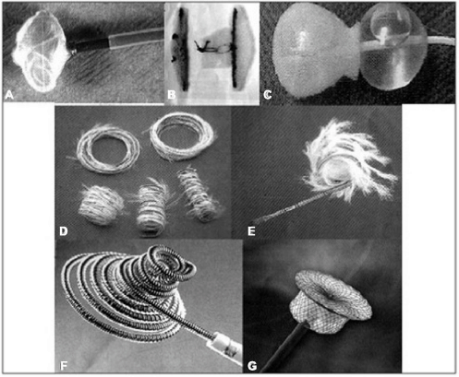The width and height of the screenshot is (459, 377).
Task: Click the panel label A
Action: tap(9, 95)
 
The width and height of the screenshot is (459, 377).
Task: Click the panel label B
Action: tap(172, 95)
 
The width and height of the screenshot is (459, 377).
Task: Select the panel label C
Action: tap(268, 95)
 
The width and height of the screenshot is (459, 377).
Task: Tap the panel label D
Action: tap(64, 230)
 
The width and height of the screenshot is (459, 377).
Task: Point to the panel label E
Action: tap(251, 231)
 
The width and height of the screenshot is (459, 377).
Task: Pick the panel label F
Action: tap(64, 366)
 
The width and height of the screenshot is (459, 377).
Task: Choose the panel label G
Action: tap(252, 366)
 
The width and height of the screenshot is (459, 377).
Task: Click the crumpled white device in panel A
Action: tap(40, 51)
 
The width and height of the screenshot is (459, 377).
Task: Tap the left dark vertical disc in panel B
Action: tap(182, 49)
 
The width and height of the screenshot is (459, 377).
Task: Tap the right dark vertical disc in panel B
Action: tap(235, 48)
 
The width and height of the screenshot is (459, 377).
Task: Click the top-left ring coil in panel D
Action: tap(108, 149)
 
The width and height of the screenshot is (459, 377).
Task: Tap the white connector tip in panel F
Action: tap(228, 344)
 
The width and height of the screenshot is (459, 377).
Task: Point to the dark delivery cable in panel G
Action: tap(284, 346)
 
